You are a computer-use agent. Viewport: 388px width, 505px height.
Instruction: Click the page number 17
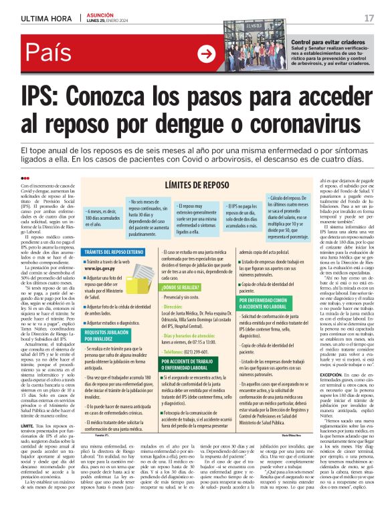click(x=369, y=18)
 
